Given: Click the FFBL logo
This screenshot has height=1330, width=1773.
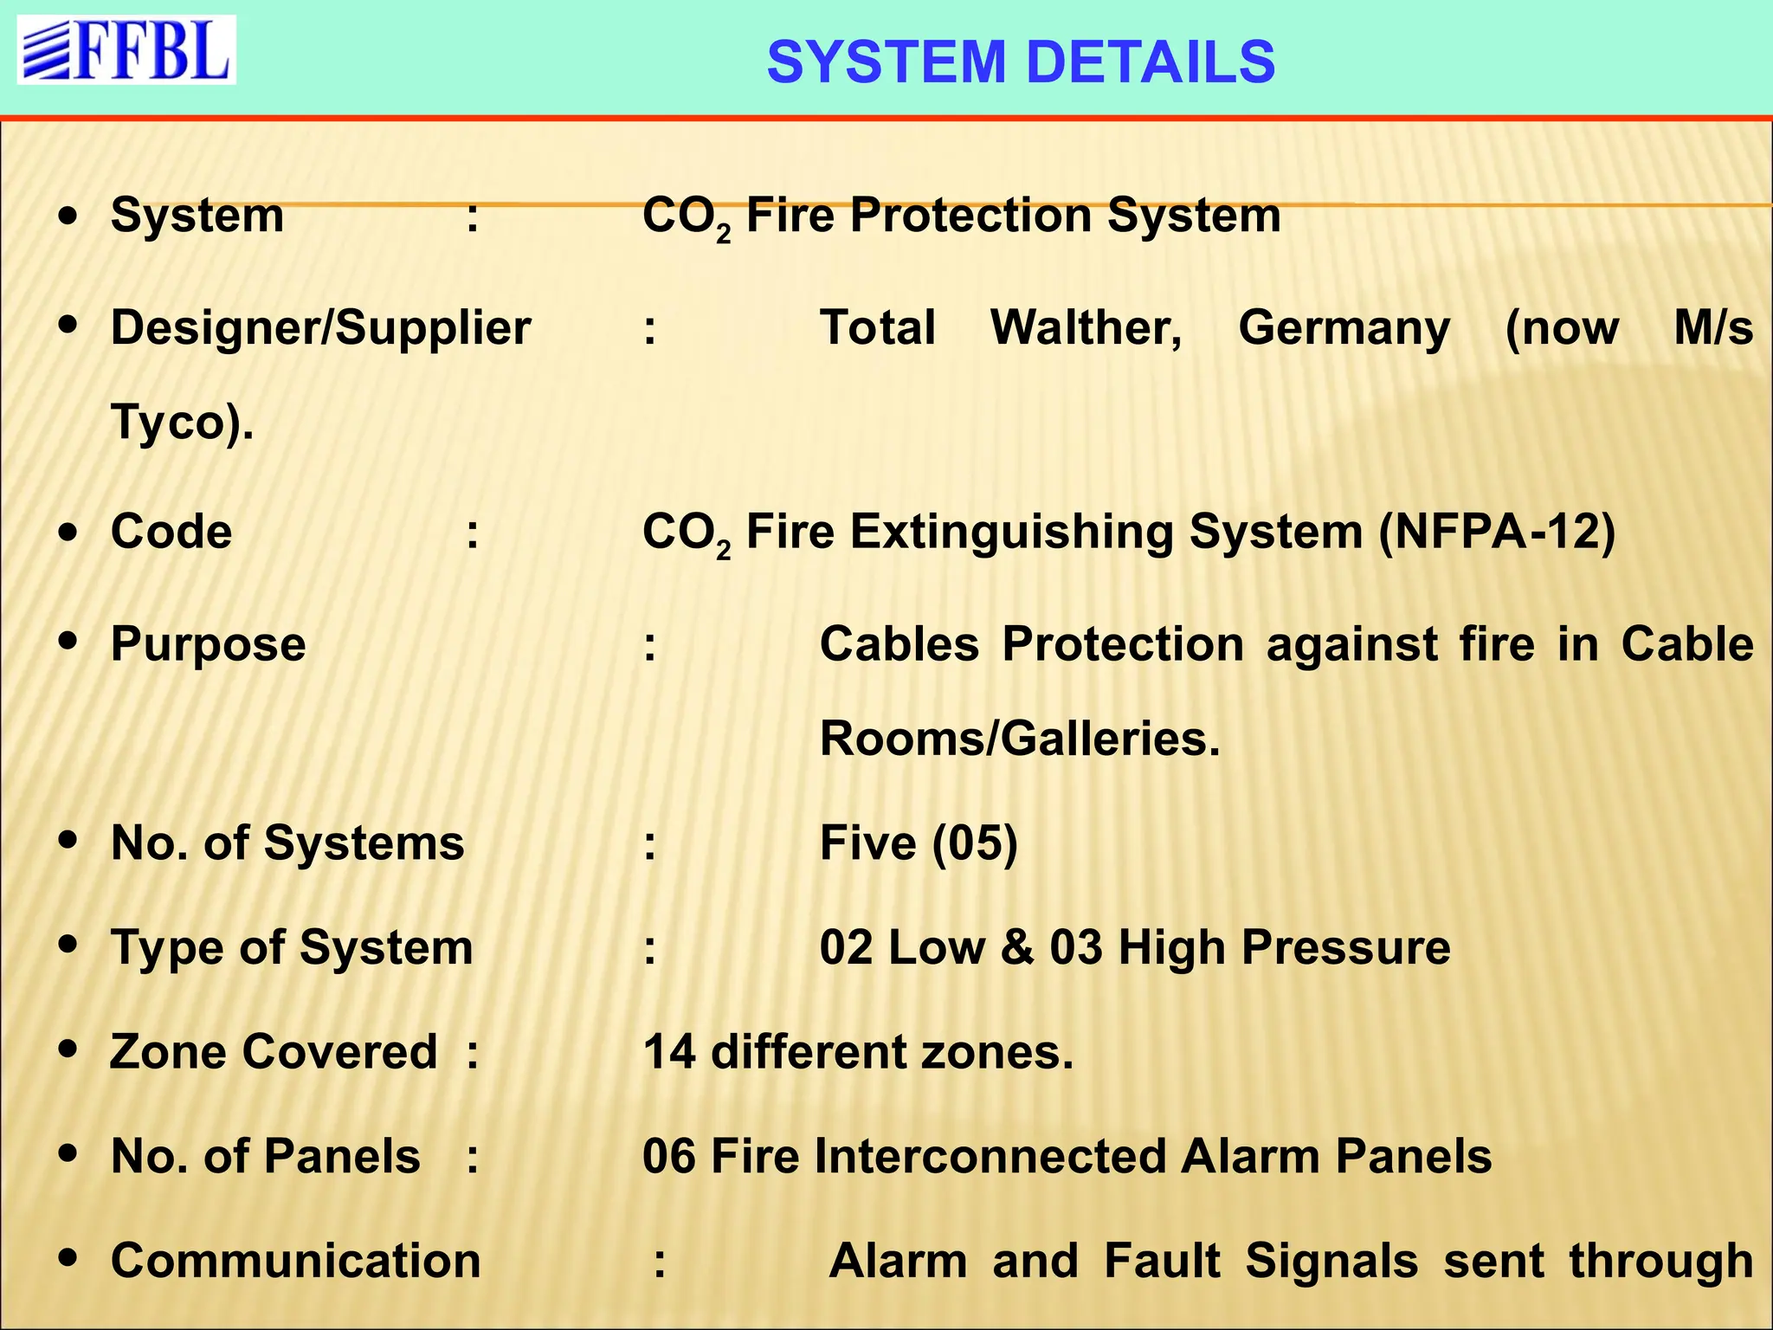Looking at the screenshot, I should pyautogui.click(x=126, y=50).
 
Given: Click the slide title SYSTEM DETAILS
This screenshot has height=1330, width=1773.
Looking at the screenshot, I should pyautogui.click(x=1021, y=62).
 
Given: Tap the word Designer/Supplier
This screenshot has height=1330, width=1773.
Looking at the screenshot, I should pyautogui.click(x=320, y=328).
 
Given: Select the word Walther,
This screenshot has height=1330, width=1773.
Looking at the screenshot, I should pyautogui.click(x=1086, y=328).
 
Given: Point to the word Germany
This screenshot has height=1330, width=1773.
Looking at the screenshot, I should pyautogui.click(x=1344, y=328).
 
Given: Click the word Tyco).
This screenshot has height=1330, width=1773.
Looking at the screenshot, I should pyautogui.click(x=182, y=423).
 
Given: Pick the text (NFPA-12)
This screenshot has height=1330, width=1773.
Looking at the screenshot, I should pyautogui.click(x=1497, y=532).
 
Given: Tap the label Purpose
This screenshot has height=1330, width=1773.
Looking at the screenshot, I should pyautogui.click(x=209, y=645).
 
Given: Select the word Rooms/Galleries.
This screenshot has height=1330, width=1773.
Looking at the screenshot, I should pyautogui.click(x=1019, y=739).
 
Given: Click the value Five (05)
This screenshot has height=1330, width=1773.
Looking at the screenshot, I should pyautogui.click(x=919, y=843).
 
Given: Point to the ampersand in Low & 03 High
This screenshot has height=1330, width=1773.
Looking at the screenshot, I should pyautogui.click(x=1017, y=947).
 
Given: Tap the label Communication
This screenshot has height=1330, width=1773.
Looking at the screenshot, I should pyautogui.click(x=296, y=1261).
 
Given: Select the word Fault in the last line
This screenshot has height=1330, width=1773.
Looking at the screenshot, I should pyautogui.click(x=1162, y=1261).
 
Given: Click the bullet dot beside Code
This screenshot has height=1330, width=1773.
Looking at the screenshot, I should pyautogui.click(x=68, y=532).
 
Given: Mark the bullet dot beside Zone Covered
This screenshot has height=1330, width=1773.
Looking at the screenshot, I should pyautogui.click(x=68, y=1050).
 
